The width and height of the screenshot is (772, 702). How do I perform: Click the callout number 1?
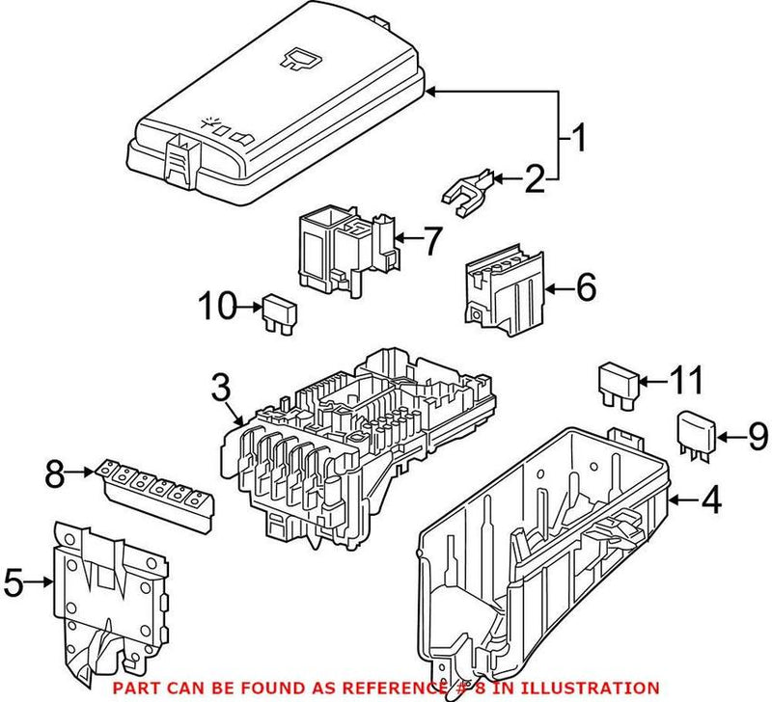pos(576,139)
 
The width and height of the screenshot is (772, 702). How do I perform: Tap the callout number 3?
pos(221,390)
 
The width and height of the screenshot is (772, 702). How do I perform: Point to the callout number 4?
pos(710,500)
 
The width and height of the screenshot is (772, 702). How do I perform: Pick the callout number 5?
pos(13,581)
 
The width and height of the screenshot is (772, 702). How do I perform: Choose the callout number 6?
pos(586,286)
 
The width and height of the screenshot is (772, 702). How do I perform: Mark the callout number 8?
pos(57,472)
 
